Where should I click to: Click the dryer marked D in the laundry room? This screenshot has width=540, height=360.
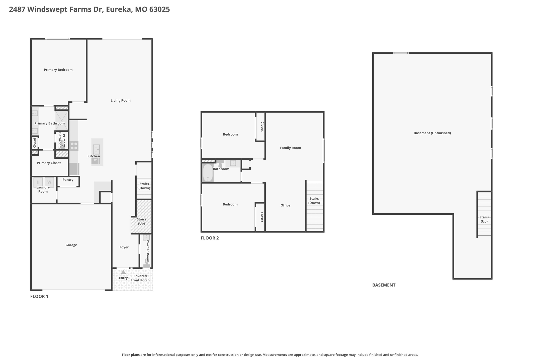(x=38, y=182)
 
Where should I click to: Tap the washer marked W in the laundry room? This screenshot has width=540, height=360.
(x=49, y=182)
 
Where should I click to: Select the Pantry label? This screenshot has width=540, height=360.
(x=68, y=180)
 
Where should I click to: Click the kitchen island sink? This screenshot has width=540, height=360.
(x=96, y=149)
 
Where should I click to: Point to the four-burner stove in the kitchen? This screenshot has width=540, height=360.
(x=74, y=146)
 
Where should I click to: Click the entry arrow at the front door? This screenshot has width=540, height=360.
(x=123, y=272)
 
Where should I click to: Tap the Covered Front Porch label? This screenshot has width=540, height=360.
(x=140, y=278)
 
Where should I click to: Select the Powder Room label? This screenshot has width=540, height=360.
(x=148, y=251)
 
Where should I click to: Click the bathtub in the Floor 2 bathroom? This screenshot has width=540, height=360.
(x=208, y=173)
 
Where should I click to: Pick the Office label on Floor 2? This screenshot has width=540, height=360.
(x=285, y=205)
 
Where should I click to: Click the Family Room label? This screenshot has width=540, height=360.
(x=290, y=148)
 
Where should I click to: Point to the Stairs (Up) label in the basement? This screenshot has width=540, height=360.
(x=484, y=219)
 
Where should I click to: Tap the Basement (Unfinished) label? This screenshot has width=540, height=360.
(x=432, y=133)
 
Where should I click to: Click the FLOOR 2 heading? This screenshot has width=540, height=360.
(x=210, y=238)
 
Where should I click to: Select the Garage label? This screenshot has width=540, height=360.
(x=71, y=245)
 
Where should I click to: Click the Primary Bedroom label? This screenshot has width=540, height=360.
(x=58, y=70)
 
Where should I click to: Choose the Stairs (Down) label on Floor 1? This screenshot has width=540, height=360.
(x=144, y=186)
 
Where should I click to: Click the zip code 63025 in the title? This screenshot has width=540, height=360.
(x=160, y=9)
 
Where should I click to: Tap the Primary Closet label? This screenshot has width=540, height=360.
(x=49, y=163)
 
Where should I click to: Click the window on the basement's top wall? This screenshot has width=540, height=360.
(x=401, y=53)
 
